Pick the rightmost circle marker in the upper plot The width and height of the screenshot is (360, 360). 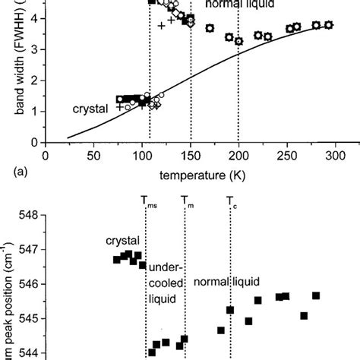pyautogui.click(x=328, y=25)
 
